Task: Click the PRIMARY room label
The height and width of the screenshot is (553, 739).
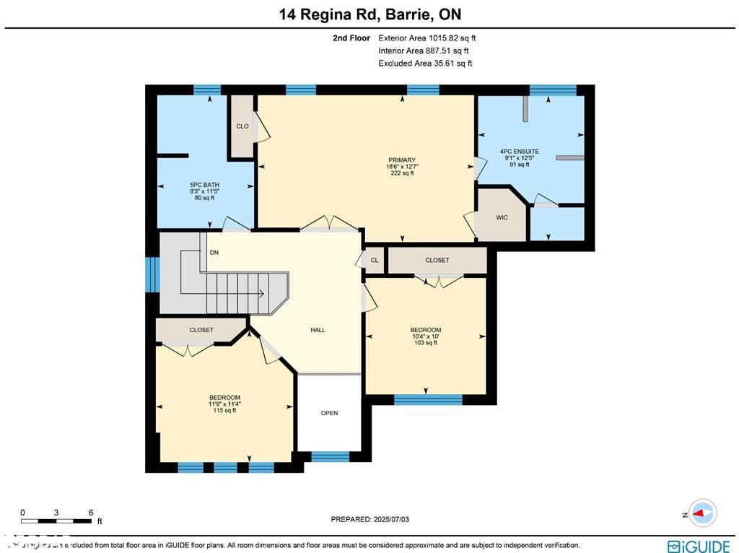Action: pos(402,160)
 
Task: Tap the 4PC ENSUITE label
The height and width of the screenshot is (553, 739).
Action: pos(520,152)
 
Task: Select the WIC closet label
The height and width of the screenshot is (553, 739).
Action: pos(502,217)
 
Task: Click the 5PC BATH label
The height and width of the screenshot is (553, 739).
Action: pos(204,185)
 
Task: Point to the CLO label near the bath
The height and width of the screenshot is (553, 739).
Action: pos(242,126)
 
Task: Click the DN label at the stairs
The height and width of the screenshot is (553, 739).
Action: pos(214,253)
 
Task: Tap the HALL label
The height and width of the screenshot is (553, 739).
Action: pos(318,330)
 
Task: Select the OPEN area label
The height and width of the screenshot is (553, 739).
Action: pos(329,413)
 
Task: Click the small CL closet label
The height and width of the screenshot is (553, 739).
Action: pos(375,261)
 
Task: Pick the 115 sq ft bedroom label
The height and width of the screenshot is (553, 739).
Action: pos(224,404)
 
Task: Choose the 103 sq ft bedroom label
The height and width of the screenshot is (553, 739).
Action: pos(425,336)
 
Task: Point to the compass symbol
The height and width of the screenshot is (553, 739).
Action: pos(701,513)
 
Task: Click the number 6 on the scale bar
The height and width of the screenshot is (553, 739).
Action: pos(91,513)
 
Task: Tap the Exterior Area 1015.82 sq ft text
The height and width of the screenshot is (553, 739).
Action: pos(427,38)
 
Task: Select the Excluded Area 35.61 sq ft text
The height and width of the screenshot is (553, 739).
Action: pos(425,64)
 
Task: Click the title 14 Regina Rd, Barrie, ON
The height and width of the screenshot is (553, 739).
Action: pos(369,14)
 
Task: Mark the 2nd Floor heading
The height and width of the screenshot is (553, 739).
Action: pos(351,38)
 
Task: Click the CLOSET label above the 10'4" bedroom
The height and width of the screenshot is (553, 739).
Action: pos(437,260)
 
